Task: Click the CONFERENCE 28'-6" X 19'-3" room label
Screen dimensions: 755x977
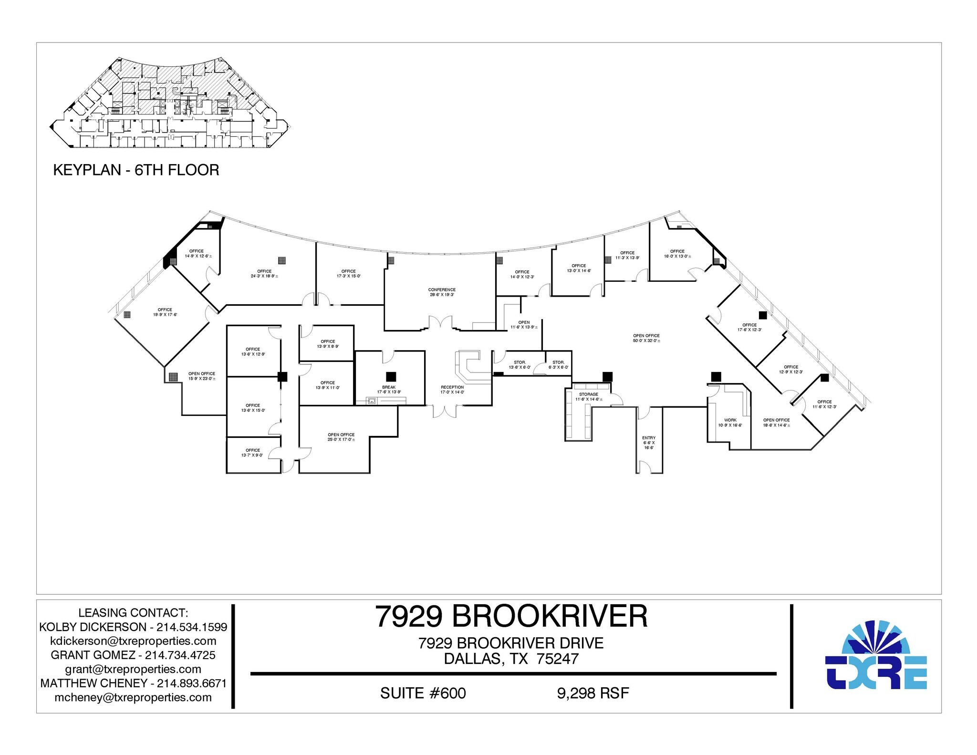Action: point(441,292)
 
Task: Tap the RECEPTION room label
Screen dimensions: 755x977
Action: point(452,390)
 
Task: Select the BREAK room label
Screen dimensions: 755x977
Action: point(389,390)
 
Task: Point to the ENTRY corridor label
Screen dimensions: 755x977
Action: point(648,443)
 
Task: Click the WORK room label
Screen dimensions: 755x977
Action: point(730,423)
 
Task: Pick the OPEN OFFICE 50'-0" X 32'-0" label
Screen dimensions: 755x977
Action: point(646,339)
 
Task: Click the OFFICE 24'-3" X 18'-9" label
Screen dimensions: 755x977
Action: point(264,274)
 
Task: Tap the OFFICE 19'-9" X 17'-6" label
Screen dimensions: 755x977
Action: point(165,312)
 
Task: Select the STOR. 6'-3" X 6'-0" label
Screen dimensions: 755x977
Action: point(558,365)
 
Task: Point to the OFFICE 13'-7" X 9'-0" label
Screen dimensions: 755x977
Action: point(252,453)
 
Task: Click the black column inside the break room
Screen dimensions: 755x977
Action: point(391,376)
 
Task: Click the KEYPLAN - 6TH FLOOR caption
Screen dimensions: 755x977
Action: point(136,170)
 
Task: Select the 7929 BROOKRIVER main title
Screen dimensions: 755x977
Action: point(511,616)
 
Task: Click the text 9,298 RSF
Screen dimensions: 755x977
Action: point(592,693)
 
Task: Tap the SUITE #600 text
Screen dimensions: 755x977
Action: point(423,693)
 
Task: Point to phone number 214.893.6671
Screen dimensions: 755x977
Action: point(192,683)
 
